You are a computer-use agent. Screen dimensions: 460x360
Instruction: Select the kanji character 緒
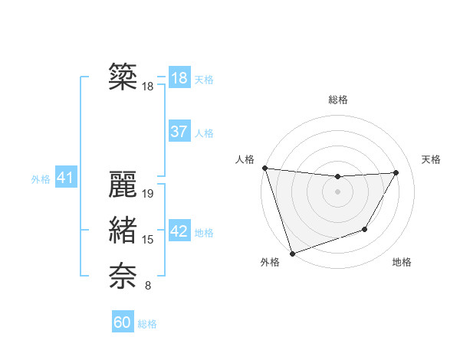pos(122,231)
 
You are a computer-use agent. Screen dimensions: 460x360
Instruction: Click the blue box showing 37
pos(179,132)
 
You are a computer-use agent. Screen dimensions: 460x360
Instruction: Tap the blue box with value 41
pos(64,178)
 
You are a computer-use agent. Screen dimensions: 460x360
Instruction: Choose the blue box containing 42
pos(179,231)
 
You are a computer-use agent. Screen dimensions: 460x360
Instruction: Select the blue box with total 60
pos(123,322)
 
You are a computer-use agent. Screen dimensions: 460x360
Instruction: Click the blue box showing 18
pos(179,78)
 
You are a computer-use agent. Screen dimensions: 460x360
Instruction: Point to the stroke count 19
pos(149,194)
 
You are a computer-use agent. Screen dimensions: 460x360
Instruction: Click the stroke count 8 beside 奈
pos(148,286)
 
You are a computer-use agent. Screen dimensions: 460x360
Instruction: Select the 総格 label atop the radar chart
pos(338,100)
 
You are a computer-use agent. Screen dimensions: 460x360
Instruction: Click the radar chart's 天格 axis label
pos(431,159)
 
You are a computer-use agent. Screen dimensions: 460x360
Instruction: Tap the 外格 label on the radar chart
pos(270,262)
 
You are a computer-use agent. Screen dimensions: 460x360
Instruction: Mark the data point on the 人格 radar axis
pos(264,168)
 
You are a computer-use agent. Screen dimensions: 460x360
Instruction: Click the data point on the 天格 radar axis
pos(396,172)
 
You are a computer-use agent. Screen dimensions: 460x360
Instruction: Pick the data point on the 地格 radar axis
pos(365,229)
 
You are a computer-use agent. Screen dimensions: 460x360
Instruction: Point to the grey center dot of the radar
pos(338,191)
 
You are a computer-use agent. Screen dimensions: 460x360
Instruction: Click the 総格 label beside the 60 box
pos(147,324)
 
